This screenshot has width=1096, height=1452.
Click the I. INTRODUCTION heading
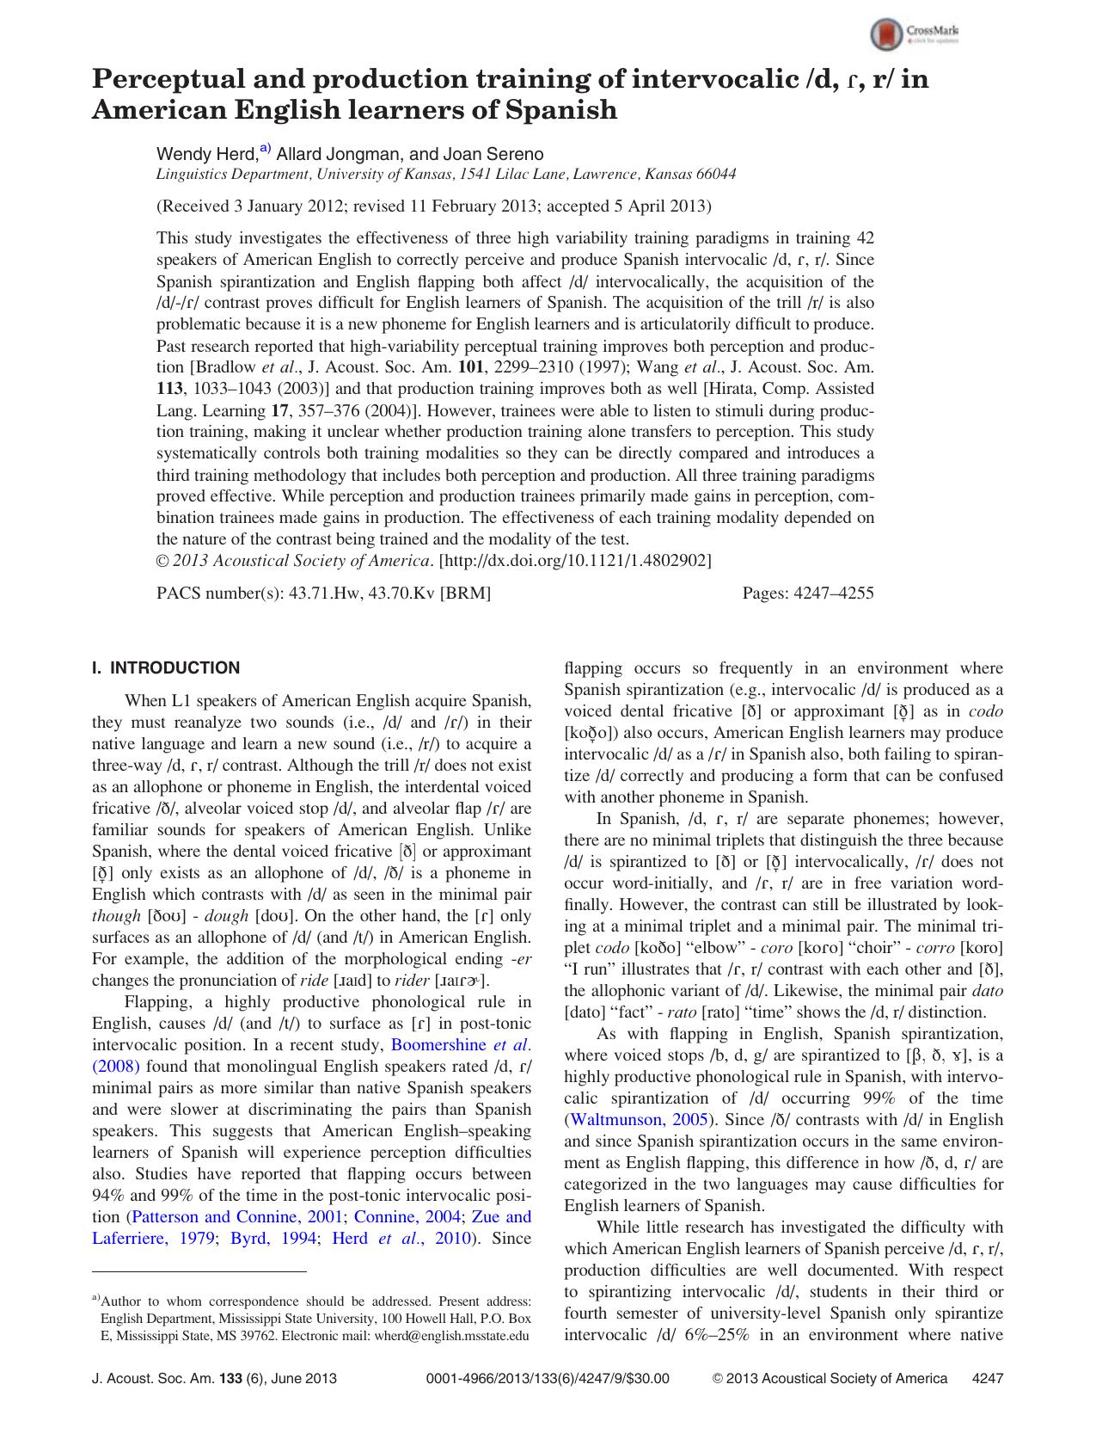point(166,668)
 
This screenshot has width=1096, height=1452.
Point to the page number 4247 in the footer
point(987,1378)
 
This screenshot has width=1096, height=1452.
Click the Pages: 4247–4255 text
point(807,594)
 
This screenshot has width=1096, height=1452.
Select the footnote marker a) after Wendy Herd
point(265,150)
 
